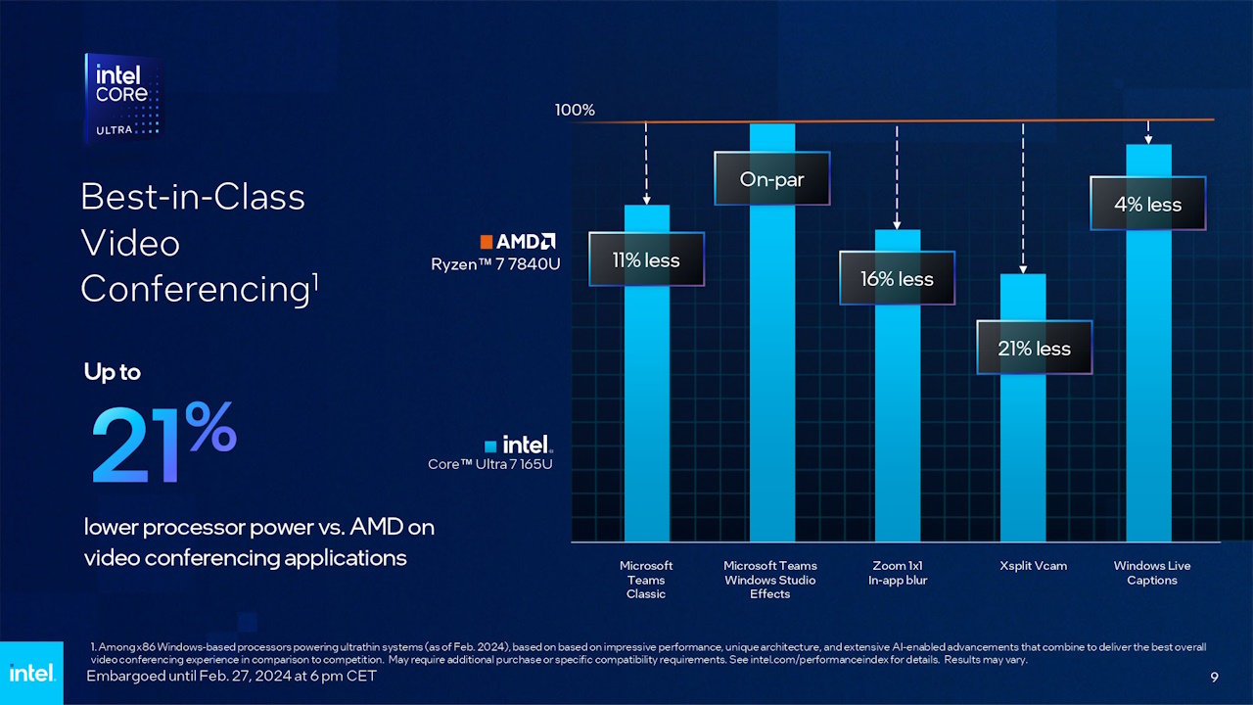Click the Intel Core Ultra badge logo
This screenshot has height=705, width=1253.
point(123,98)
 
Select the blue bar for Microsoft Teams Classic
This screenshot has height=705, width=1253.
point(646,411)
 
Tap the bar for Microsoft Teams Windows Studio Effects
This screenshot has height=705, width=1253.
point(771,372)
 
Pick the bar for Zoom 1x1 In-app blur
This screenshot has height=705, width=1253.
point(897,421)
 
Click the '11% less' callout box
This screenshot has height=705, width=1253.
point(646,259)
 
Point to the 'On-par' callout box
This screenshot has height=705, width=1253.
point(771,179)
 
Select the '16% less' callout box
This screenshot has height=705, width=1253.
point(897,279)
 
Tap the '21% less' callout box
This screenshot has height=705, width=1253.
point(1034,349)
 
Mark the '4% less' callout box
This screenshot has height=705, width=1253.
point(1147,205)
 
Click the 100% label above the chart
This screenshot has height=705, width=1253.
point(575,110)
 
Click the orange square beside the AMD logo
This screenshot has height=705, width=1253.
point(486,241)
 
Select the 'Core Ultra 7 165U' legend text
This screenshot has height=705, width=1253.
point(489,464)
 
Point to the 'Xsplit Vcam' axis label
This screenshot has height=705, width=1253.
point(1034,566)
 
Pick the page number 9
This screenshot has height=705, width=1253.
point(1214,678)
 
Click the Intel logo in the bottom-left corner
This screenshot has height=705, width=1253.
point(31,673)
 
